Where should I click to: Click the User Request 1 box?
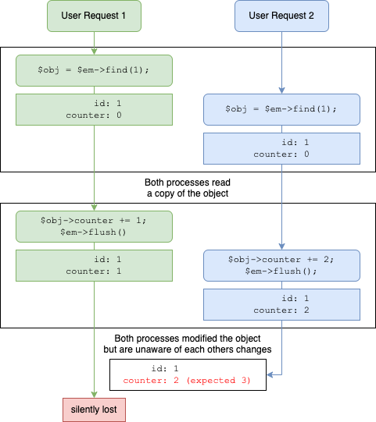(94, 16)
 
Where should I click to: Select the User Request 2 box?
(281, 16)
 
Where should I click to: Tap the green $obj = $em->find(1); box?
(94, 70)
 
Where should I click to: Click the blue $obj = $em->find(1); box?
(281, 109)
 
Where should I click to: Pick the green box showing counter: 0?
(94, 109)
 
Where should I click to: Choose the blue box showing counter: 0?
(281, 148)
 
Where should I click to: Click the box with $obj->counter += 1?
(94, 227)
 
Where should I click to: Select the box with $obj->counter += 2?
(281, 266)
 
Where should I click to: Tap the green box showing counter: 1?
(94, 266)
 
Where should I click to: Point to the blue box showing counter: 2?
(281, 305)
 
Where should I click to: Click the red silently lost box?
(94, 410)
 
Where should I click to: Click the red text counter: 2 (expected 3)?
(187, 381)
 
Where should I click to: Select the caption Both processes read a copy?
(188, 188)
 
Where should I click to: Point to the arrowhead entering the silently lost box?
(94, 395)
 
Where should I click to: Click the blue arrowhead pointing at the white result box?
(270, 374)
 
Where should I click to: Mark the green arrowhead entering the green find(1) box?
(94, 51)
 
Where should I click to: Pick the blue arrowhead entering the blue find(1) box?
(281, 90)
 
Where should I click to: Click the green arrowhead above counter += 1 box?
(94, 207)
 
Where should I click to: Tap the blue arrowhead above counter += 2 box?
(281, 246)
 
